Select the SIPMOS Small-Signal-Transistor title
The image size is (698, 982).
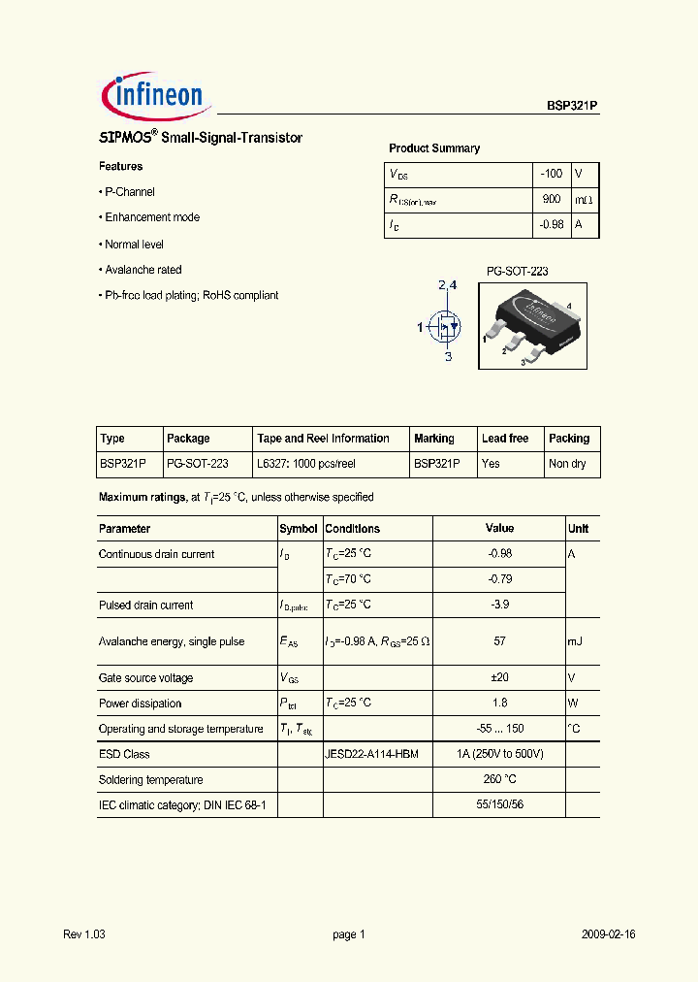(201, 138)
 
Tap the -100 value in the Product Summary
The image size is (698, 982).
(551, 174)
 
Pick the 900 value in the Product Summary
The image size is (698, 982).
(551, 199)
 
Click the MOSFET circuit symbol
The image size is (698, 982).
(445, 326)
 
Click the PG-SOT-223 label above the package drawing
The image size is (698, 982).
(517, 272)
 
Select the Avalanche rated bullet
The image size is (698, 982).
(143, 270)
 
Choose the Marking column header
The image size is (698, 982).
(433, 439)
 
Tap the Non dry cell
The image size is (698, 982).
(567, 464)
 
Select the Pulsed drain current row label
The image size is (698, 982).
(145, 605)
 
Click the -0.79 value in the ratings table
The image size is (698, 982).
(499, 579)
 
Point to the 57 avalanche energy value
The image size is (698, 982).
(499, 641)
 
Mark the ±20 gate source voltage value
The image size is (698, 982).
(499, 678)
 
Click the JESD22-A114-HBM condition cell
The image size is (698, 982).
(371, 754)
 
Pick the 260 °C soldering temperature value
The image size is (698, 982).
(499, 779)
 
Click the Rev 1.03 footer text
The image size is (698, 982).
(83, 934)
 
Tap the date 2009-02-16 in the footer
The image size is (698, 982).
(608, 934)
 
